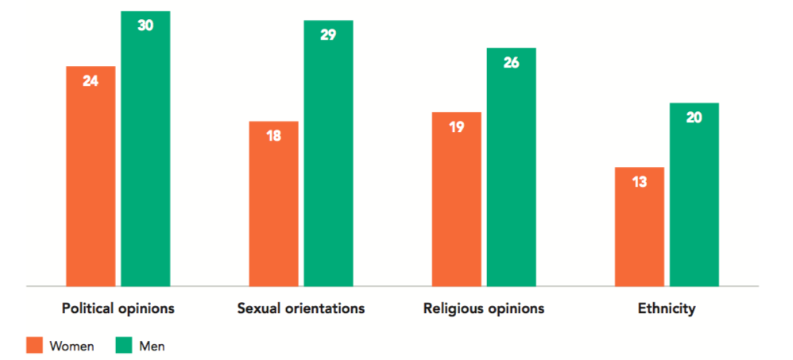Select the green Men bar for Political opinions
coord(145,159)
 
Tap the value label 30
coord(145,25)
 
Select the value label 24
coord(91,80)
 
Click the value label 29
coord(328,35)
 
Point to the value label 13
coord(639,181)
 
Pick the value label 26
coord(511,62)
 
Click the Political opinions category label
coord(118,308)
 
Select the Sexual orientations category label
coord(301,308)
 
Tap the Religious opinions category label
coord(484,308)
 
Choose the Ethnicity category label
coord(666,308)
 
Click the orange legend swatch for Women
coord(34,345)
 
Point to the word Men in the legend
coord(152,346)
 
